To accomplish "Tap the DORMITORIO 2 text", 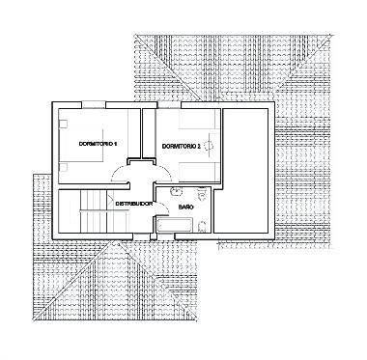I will tap(181, 146).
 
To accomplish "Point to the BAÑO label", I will tap(188, 207).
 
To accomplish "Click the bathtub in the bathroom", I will tap(175, 226).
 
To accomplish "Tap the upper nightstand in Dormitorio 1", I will tap(63, 122).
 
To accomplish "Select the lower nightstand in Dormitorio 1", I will tap(63, 165).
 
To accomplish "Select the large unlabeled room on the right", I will tap(247, 169).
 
